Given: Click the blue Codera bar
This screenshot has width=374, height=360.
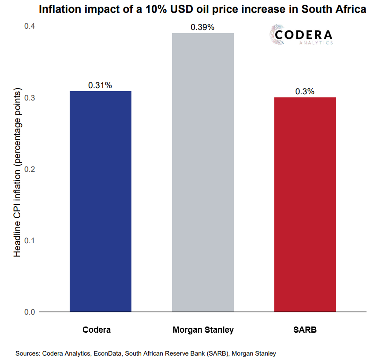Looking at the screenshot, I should pos(101,201).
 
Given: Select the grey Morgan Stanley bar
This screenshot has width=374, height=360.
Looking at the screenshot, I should pos(202,172).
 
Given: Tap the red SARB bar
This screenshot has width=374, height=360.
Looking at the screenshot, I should pos(305,204).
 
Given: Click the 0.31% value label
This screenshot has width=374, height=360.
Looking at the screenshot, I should pos(100,85).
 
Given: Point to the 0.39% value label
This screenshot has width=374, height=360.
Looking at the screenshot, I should pos(202,27).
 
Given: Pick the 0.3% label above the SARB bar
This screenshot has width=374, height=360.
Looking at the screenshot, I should pos(305,92).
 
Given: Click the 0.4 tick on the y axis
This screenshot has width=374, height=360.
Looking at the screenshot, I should pos(30,27).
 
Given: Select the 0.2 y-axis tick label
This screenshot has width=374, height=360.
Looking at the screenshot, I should pos(30,170).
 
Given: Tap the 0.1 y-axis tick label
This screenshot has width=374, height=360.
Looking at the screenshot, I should pos(30,241).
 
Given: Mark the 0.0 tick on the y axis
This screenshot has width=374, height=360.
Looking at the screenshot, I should pos(30,312).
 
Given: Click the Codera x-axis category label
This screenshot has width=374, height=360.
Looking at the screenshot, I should pos(97,330).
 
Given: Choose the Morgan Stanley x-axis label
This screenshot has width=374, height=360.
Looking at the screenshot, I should pos(203,330).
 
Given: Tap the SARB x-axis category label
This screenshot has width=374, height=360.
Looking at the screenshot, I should pos(305,330).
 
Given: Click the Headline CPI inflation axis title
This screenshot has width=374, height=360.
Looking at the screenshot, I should pos(18,173).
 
